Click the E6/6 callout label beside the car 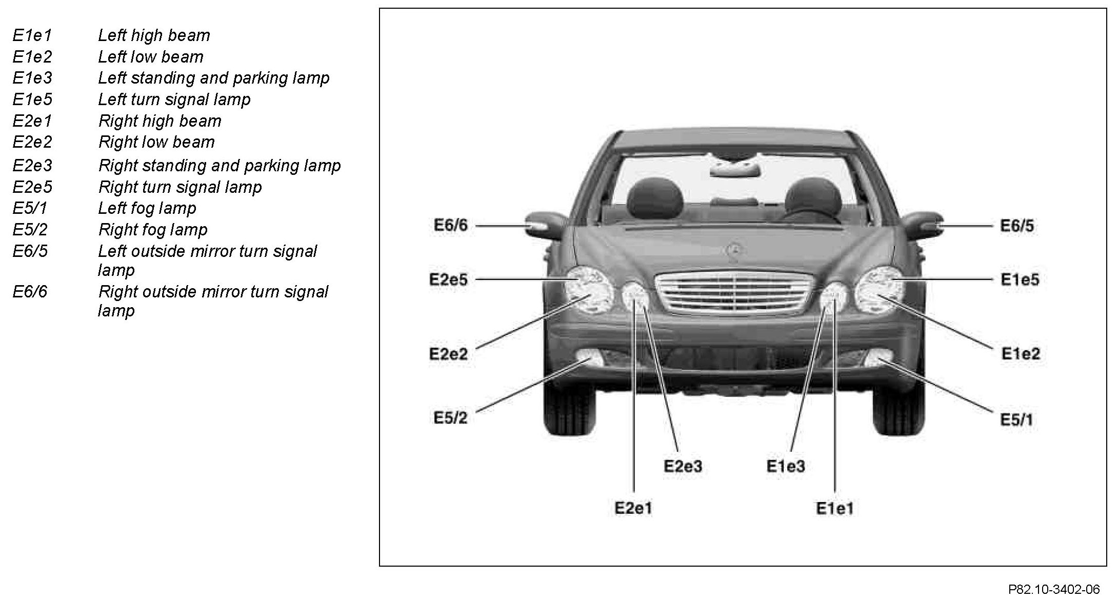451,226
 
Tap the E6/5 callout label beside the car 1017,226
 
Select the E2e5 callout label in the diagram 448,279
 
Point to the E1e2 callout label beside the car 1021,354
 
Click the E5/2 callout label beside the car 450,418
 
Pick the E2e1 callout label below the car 633,508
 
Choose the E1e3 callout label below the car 785,466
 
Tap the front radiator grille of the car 734,292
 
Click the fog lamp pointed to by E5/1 878,357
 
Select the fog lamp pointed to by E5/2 590,357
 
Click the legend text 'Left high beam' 154,35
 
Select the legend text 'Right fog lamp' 153,230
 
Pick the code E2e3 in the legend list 32,166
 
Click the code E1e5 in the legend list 32,99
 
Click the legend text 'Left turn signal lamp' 174,99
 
